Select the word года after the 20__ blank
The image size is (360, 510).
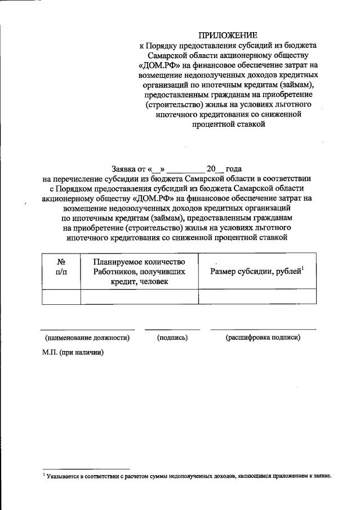tap(233, 168)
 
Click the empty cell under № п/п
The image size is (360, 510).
tap(61, 296)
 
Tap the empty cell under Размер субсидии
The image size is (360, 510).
tap(257, 296)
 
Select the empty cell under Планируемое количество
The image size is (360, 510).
tap(139, 296)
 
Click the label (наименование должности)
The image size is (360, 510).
tap(87, 338)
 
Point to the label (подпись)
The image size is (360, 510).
tap(172, 338)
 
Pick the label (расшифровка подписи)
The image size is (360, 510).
tap(263, 338)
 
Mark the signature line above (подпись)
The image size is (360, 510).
tap(172, 329)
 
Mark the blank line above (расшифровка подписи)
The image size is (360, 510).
tap(263, 329)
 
